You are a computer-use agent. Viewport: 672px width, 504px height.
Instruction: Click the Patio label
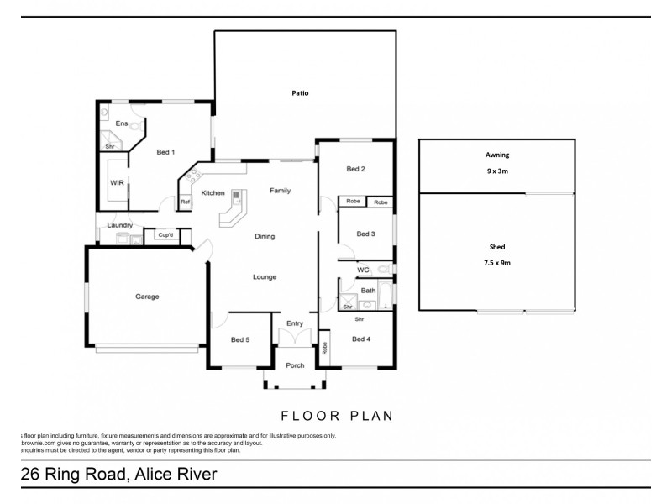300,93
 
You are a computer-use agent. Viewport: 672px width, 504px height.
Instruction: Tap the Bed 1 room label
165,152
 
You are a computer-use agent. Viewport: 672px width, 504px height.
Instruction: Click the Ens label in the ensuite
121,124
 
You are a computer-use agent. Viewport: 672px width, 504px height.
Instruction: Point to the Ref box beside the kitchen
185,202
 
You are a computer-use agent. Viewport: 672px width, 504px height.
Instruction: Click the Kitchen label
213,193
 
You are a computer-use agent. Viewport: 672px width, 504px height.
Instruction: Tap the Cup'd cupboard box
165,236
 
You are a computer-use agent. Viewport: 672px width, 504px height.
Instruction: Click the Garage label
147,297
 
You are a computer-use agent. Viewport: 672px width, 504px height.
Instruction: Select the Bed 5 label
240,339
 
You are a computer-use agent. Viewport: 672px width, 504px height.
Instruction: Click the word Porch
295,365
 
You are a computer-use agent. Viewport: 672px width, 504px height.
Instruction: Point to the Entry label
295,323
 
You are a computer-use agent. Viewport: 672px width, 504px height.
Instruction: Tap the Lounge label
265,277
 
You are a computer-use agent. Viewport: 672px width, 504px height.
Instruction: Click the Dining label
265,237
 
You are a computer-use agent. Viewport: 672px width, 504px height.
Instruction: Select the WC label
363,270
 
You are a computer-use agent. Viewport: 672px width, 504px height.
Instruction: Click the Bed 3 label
365,234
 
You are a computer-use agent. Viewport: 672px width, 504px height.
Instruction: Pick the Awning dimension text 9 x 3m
497,171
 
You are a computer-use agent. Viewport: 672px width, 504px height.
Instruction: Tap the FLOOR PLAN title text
336,415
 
